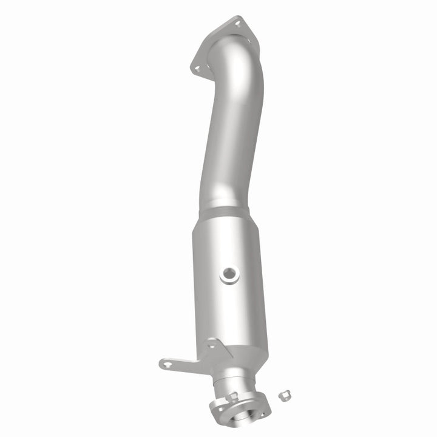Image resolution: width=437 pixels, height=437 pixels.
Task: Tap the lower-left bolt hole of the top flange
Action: coord(196,69)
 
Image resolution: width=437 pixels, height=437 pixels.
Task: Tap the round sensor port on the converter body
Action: coord(230,275)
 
